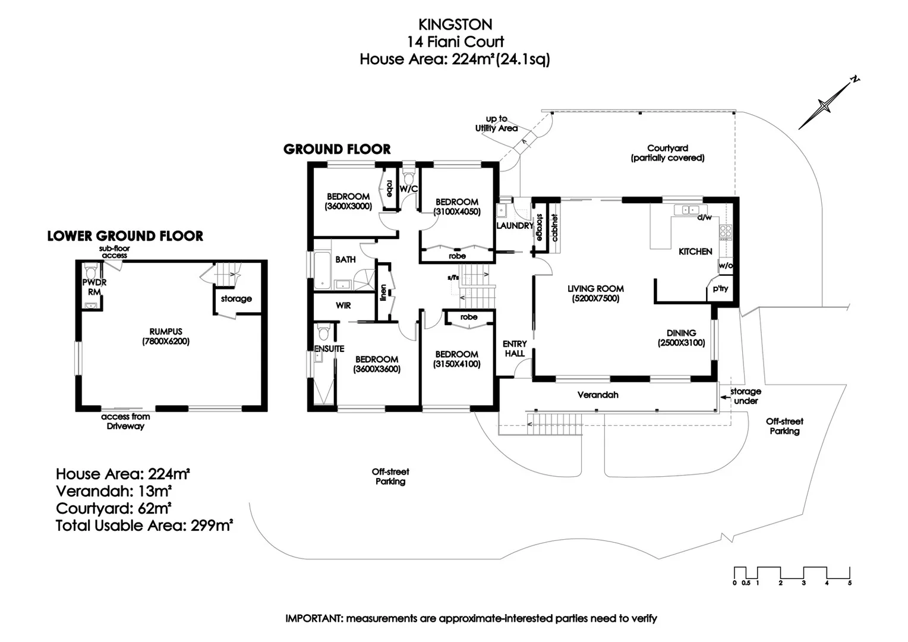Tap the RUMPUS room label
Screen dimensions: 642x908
166,332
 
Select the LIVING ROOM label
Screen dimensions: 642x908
595,289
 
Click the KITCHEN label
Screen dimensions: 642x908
695,251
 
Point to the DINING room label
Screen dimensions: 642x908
681,333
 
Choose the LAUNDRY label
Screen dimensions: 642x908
515,226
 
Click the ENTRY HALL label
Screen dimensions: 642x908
515,348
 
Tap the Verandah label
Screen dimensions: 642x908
598,395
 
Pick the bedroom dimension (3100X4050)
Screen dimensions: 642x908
457,212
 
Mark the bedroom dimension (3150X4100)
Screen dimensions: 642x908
457,364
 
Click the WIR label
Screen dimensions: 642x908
343,306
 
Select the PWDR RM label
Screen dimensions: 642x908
94,287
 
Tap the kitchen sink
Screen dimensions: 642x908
689,209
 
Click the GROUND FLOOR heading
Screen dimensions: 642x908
337,149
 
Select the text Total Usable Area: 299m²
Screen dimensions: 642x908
144,525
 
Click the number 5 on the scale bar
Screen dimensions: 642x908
850,583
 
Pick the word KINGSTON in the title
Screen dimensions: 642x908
455,24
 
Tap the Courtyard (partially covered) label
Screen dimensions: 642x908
667,153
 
